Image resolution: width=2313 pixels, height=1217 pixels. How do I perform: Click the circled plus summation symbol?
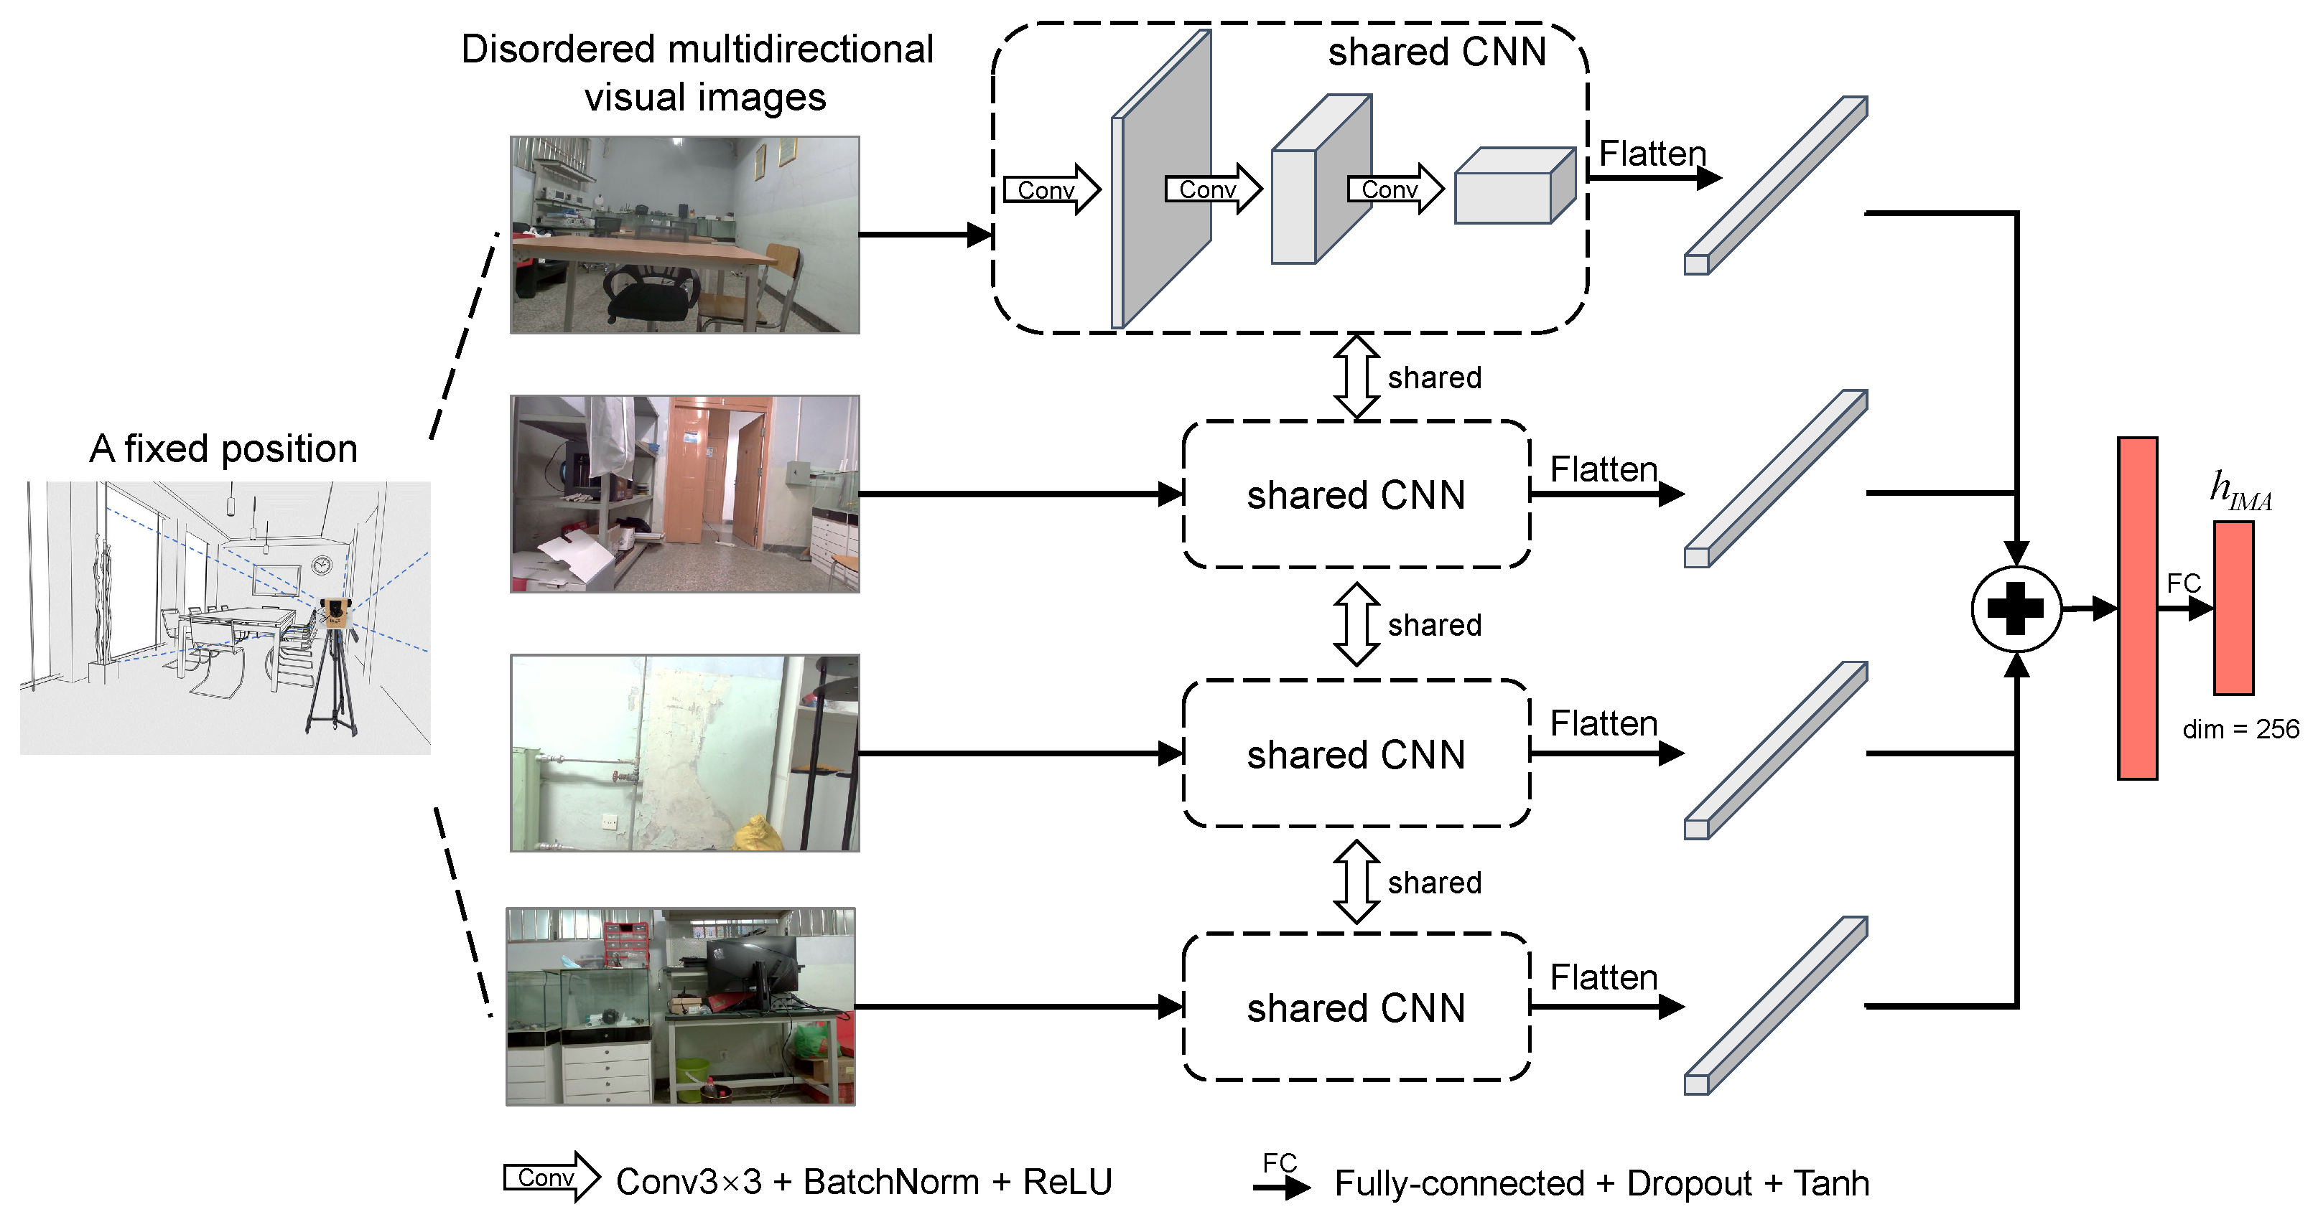(x=2016, y=609)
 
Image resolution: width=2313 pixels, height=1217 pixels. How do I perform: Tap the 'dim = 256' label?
(x=2240, y=729)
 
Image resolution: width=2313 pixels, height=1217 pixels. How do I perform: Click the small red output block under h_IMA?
(x=2233, y=608)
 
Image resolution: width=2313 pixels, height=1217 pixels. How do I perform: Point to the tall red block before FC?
(x=2137, y=608)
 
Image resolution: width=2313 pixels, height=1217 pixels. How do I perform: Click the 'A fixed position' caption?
(x=223, y=448)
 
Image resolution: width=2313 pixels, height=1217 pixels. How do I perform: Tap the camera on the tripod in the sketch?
(x=335, y=613)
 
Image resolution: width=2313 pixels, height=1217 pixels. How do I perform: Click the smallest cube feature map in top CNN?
(x=1513, y=186)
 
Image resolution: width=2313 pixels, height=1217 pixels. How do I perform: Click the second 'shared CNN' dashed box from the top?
(x=1356, y=494)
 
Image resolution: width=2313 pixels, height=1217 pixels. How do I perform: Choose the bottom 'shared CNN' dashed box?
(x=1356, y=1007)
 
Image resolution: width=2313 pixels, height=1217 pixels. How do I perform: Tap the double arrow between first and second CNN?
(x=1356, y=377)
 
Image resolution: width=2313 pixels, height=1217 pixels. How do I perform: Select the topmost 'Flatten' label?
(x=1652, y=154)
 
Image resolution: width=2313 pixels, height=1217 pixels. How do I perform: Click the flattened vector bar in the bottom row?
(x=1775, y=1005)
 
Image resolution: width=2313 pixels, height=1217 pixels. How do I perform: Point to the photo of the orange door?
(x=684, y=494)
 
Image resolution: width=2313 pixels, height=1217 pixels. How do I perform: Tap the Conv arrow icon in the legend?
(x=550, y=1178)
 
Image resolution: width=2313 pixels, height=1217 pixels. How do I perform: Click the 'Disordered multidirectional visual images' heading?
(x=698, y=72)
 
